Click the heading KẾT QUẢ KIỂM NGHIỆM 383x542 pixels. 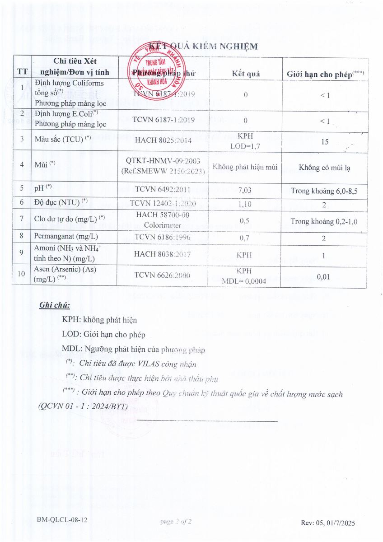pos(203,47)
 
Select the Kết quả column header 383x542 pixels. pos(246,74)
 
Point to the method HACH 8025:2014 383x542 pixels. pos(163,140)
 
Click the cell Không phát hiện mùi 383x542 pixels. pos(245,167)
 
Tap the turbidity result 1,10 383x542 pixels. pos(245,204)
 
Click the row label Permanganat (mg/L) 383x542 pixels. pos(66,236)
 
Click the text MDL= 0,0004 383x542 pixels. pos(244,281)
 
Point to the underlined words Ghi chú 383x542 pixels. pos(55,305)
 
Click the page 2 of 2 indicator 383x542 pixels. pos(176,522)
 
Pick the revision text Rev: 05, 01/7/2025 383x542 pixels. pos(328,523)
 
